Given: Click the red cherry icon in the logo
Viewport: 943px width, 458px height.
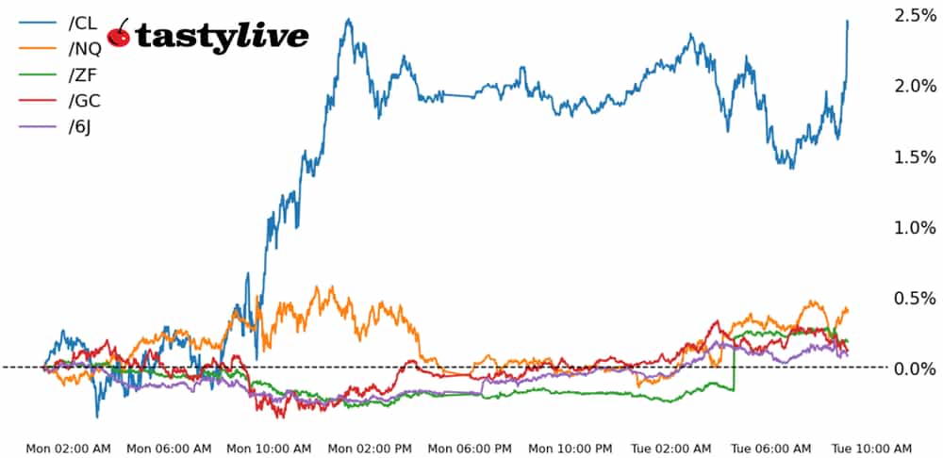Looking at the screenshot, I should click(120, 35).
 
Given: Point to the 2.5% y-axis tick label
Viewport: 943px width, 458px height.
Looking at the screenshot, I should click(914, 15).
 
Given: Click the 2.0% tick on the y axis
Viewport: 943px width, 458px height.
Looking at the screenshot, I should click(914, 86).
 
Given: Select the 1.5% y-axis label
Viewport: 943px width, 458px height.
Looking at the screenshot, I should click(914, 156).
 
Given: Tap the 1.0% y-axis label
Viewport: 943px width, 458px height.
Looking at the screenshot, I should click(914, 227).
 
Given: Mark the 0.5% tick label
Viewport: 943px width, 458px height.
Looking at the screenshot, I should click(914, 298).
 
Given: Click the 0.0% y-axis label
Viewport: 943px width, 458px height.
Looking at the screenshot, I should click(914, 368).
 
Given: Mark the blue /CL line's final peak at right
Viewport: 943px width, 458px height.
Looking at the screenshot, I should click(847, 22).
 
